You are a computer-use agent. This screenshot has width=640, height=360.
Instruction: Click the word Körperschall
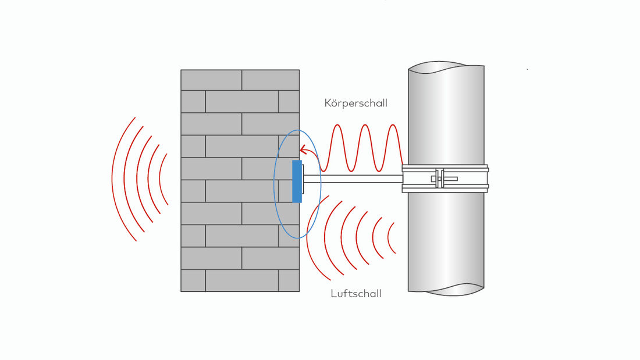pos(355,103)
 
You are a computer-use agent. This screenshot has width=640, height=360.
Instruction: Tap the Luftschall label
pos(356,294)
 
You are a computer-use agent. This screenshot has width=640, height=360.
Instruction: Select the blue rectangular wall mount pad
pos(297,181)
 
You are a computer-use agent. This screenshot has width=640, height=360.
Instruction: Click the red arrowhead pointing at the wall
pos(303,150)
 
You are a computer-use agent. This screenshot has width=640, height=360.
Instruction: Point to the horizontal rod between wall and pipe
pos(353,179)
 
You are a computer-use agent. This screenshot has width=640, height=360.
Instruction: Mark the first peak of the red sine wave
pos(337,125)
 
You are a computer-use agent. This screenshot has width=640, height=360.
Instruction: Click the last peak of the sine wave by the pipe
pos(393,125)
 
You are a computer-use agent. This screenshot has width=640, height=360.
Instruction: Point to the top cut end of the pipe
pos(446,67)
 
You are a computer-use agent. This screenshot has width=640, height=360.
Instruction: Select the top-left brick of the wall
pos(211,80)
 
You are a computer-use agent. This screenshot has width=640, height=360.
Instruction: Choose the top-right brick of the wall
pos(271,80)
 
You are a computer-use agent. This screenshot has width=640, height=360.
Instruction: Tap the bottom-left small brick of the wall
pos(194,280)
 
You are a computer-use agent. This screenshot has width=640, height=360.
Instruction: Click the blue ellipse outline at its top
pos(297,130)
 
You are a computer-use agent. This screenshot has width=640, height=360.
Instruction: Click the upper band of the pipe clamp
pos(445,168)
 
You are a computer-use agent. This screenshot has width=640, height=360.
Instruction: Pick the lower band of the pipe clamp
pos(445,188)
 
